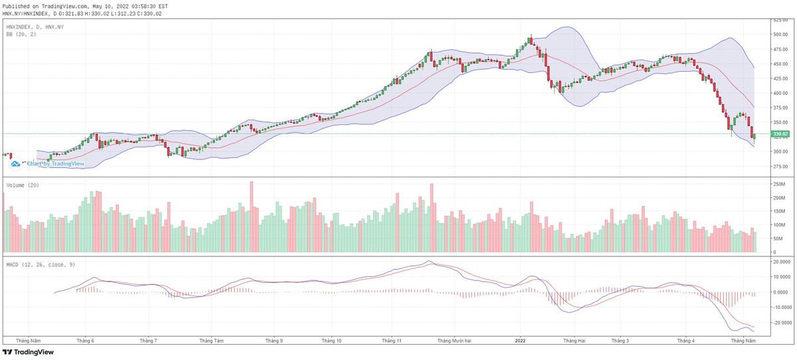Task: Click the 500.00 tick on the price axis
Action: coord(779,34)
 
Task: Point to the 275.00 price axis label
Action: coord(779,166)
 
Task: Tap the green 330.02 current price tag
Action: coord(779,134)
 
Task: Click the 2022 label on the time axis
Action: coord(521,341)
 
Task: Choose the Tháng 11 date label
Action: coord(392,341)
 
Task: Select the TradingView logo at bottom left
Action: coord(30,353)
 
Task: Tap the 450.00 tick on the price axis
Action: coord(779,64)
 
